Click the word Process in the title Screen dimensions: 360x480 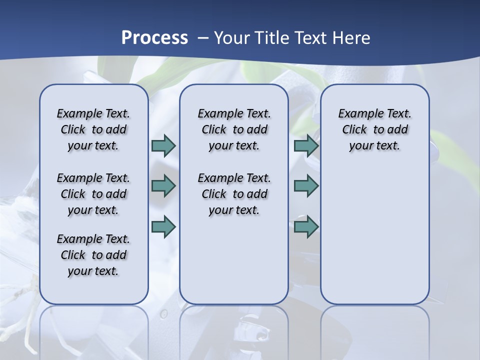pos(154,37)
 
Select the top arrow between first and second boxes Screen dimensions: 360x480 pos(163,145)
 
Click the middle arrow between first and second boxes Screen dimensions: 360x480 pos(163,186)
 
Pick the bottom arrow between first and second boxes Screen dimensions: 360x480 pos(163,226)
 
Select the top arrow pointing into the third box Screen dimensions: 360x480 pos(306,145)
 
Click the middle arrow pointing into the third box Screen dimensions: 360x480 pos(306,186)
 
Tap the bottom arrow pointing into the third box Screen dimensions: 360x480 pos(306,226)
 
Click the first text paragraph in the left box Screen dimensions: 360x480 pos(93,129)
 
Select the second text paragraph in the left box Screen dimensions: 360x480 pos(93,194)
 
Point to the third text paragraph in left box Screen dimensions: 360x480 pos(93,255)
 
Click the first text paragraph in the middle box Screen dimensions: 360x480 pos(234,129)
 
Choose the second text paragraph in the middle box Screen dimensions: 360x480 pos(234,194)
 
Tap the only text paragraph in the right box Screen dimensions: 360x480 pos(374,129)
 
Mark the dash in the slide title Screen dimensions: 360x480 pos(203,38)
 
